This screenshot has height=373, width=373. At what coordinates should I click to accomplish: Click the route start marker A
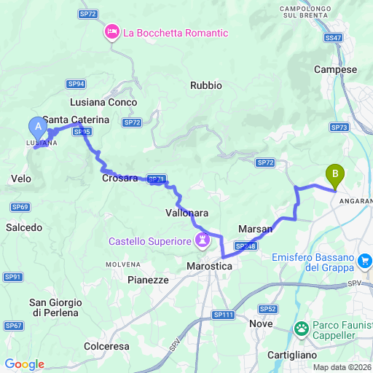36,127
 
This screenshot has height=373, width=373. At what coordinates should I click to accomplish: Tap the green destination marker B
335,176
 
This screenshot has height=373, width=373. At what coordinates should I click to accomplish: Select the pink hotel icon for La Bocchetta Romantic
112,33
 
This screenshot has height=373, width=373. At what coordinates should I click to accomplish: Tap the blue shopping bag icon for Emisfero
365,259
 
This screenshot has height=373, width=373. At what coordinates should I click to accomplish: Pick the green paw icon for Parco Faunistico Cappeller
301,330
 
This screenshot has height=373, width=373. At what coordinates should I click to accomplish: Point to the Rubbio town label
205,85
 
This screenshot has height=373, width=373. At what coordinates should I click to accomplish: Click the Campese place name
335,69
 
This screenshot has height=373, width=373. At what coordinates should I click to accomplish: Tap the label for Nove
261,323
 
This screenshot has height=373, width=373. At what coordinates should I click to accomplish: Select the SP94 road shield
75,84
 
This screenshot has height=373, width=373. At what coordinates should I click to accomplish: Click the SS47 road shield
333,37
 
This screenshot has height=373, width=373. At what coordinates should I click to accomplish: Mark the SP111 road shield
226,314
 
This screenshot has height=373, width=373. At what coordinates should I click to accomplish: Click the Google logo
24,364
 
